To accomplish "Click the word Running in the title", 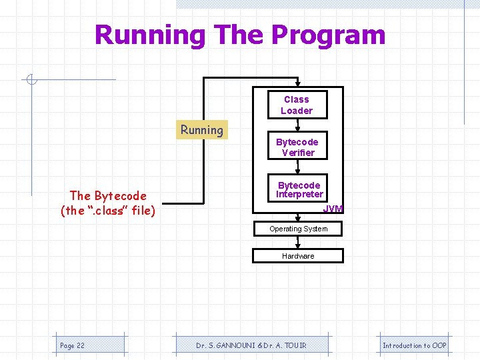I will click(150, 35).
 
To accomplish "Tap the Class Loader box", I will click(297, 105).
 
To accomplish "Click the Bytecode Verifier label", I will click(297, 147).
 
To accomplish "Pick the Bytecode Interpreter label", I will click(299, 189).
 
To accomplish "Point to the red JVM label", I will click(333, 209).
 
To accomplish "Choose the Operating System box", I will click(298, 229).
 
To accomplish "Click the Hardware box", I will click(298, 256).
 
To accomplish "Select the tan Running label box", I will click(202, 130).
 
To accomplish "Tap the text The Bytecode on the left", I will click(108, 195).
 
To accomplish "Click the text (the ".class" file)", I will click(108, 211).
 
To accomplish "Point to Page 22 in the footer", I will click(72, 345).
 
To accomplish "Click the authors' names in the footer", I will click(252, 345).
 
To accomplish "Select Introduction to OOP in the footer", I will click(414, 345).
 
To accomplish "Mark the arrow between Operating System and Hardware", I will click(297, 243).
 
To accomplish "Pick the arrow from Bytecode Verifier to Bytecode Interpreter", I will click(297, 169).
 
